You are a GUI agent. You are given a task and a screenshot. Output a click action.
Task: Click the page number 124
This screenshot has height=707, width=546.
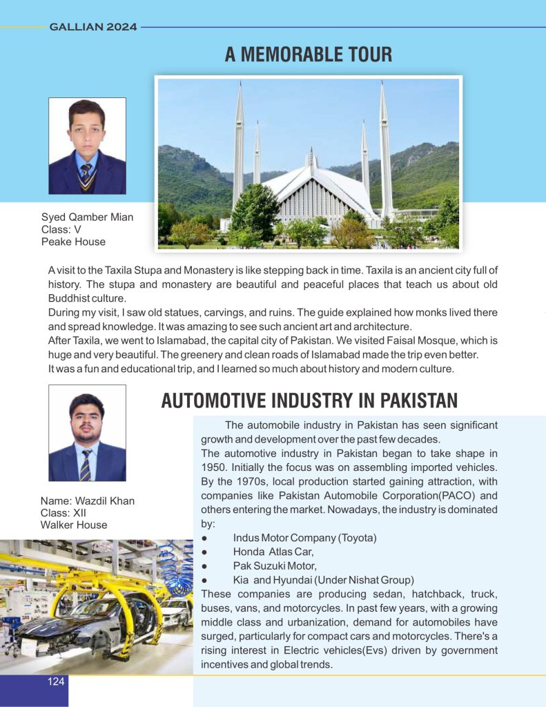[x=56, y=682]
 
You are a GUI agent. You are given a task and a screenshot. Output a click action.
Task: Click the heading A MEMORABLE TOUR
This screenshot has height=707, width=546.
[x=308, y=54]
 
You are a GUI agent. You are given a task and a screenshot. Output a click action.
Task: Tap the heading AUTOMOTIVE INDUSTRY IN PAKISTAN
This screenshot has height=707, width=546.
[x=309, y=400]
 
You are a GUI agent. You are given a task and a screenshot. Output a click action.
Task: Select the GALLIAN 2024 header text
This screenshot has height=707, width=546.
[x=93, y=28]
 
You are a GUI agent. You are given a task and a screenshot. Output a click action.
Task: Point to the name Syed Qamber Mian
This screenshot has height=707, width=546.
[x=88, y=217]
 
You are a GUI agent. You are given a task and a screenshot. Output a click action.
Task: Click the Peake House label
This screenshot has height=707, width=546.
[x=74, y=242]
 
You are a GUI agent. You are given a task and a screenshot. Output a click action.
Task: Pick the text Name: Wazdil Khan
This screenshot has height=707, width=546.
[x=88, y=501]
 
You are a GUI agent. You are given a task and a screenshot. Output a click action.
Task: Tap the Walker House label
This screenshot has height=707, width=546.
[x=75, y=525]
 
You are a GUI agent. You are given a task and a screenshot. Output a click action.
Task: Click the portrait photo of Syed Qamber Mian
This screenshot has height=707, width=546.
[x=87, y=146]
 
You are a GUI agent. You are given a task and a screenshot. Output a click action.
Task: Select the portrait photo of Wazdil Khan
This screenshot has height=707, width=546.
[x=87, y=433]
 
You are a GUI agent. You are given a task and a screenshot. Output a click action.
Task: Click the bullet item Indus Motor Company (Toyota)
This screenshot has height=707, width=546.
[x=306, y=537]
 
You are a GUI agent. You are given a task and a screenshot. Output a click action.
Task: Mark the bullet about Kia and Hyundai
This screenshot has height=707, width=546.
[x=323, y=579]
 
